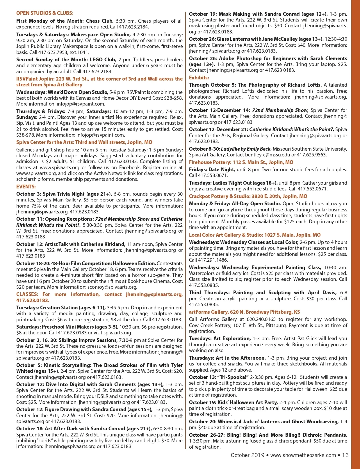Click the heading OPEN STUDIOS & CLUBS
45,13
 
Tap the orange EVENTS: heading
26,187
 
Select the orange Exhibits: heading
199,78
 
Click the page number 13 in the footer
345,455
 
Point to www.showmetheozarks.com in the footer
303,455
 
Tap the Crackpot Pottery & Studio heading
248,196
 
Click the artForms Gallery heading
244,312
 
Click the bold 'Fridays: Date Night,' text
212,170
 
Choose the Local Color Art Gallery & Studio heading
255,235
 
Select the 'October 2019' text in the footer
247,455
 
